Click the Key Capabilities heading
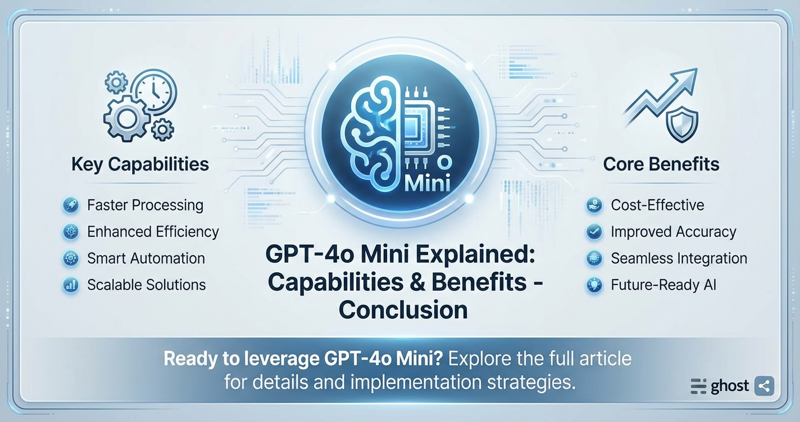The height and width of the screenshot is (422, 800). coord(140,164)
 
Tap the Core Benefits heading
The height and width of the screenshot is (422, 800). coord(661,164)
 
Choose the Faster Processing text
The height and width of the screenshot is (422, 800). coord(145,205)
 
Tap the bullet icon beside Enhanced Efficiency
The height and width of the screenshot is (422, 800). coord(71,232)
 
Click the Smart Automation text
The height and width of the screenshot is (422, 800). coord(146,258)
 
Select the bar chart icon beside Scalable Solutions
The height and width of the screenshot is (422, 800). coord(71,285)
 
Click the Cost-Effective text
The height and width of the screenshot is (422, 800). coord(657,205)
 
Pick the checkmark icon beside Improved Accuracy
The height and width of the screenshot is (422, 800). coord(593,232)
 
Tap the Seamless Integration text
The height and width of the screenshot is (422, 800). coord(679,258)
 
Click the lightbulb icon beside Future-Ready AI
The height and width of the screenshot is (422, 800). coord(593,285)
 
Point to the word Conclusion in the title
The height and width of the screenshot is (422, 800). coord(403,309)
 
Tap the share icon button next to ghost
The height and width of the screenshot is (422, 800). coord(763,386)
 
